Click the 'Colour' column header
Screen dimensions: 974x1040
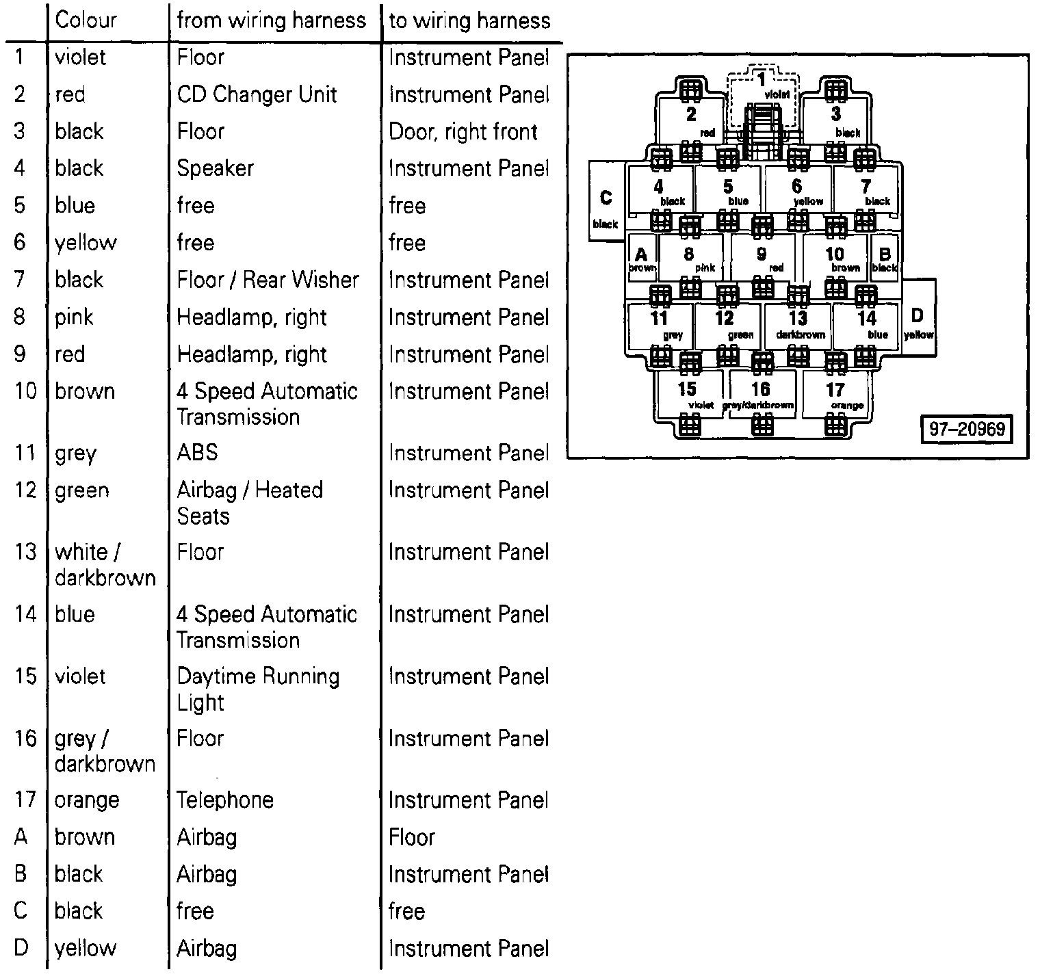click(x=86, y=20)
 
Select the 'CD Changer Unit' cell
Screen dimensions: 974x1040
click(x=257, y=94)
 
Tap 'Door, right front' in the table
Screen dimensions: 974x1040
click(x=463, y=131)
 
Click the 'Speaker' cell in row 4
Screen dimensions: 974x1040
click(x=216, y=168)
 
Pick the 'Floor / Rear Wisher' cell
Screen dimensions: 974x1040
click(x=268, y=280)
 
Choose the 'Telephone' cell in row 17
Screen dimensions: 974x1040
click(x=225, y=800)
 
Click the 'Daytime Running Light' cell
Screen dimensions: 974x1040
click(x=258, y=689)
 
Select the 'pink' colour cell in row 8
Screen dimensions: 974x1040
click(x=75, y=317)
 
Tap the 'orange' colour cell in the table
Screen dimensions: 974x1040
click(x=87, y=800)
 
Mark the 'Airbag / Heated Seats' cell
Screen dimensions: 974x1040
click(x=250, y=503)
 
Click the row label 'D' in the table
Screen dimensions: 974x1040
click(x=21, y=948)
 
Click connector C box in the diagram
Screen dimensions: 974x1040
click(x=606, y=202)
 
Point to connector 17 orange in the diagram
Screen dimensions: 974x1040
click(x=837, y=394)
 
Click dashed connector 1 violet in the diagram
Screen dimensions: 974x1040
click(x=762, y=96)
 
